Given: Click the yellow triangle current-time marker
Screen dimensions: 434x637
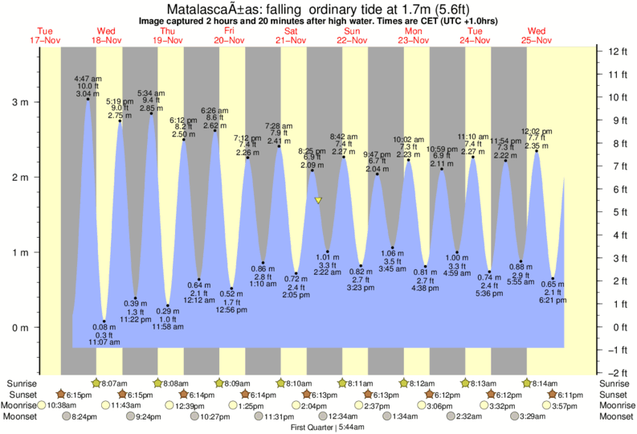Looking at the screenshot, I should click(318, 200).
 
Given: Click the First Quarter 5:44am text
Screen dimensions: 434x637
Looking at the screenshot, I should click(318, 428).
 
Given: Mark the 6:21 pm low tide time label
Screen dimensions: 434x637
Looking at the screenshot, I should click(553, 301).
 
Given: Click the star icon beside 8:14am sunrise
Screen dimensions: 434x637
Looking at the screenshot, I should click(528, 383).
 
